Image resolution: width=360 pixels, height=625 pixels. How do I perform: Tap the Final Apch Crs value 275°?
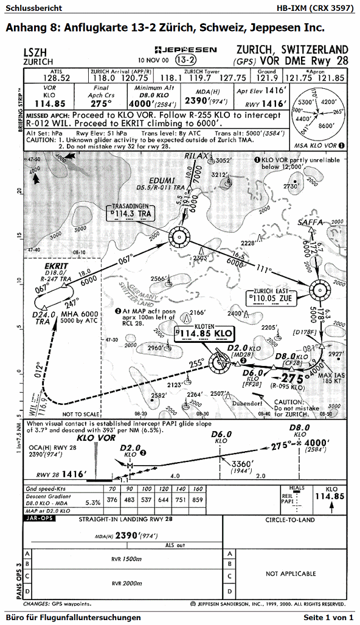coord(103,104)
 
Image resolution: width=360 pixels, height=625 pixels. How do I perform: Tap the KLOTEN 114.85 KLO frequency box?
coord(204,333)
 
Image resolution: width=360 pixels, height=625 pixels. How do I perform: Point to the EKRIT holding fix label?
coord(57,266)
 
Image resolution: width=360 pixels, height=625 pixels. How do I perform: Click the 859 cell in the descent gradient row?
coord(198,500)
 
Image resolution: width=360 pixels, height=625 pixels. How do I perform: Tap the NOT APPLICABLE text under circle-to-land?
coord(291,573)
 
